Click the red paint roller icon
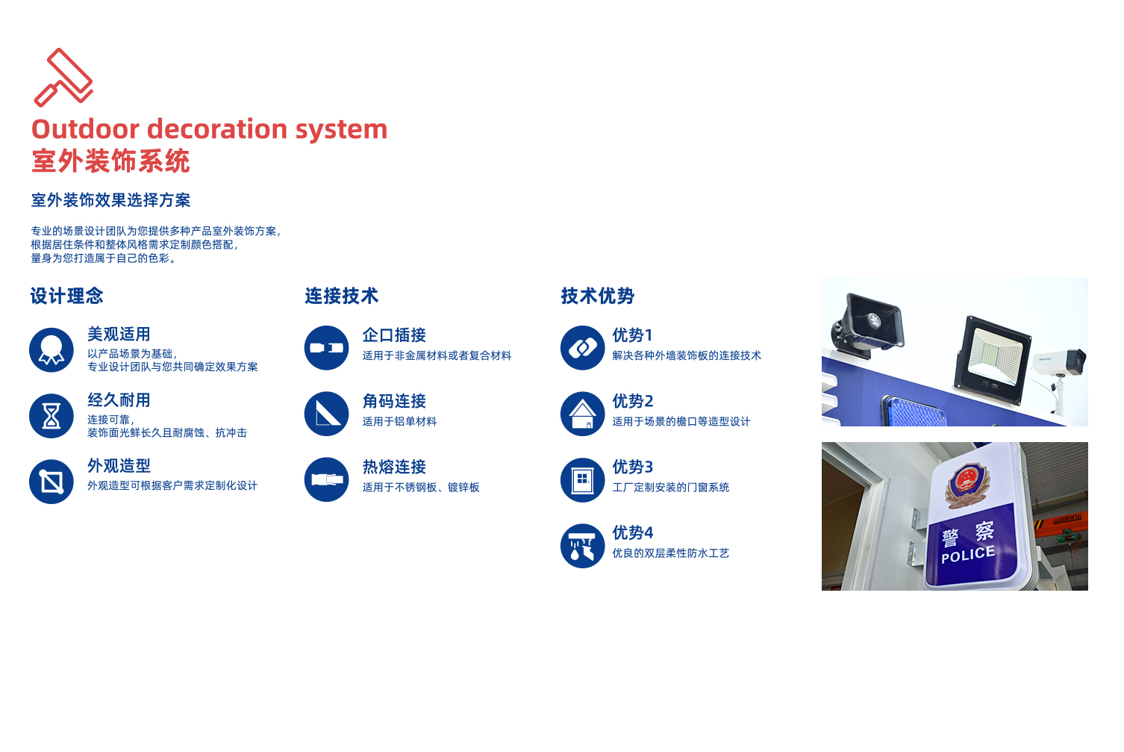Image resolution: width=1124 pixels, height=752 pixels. [x=63, y=77]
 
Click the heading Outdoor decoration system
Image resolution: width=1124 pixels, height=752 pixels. [x=210, y=129]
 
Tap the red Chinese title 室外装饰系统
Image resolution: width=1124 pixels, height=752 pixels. [x=110, y=161]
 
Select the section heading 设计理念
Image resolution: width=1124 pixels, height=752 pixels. [x=66, y=296]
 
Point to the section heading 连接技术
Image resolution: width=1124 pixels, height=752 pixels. [x=341, y=296]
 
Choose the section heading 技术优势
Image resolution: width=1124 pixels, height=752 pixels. [x=597, y=296]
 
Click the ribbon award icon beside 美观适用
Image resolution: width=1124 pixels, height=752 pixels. [x=51, y=349]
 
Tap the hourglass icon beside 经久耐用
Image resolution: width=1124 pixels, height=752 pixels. [x=51, y=415]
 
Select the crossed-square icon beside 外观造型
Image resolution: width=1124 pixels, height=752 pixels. [x=51, y=482]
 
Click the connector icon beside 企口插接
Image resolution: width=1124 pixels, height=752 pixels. [x=326, y=348]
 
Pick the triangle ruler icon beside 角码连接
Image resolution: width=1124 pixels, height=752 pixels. [x=326, y=414]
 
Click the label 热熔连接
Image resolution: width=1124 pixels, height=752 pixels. [x=394, y=467]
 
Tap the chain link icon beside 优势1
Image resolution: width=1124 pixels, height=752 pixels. [x=582, y=348]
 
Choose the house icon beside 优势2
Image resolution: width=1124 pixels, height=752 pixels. [x=582, y=414]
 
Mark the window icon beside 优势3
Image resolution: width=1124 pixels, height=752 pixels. [x=582, y=479]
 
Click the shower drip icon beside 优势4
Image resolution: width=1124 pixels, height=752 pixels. [x=582, y=546]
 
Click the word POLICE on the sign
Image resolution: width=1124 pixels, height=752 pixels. [x=968, y=554]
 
